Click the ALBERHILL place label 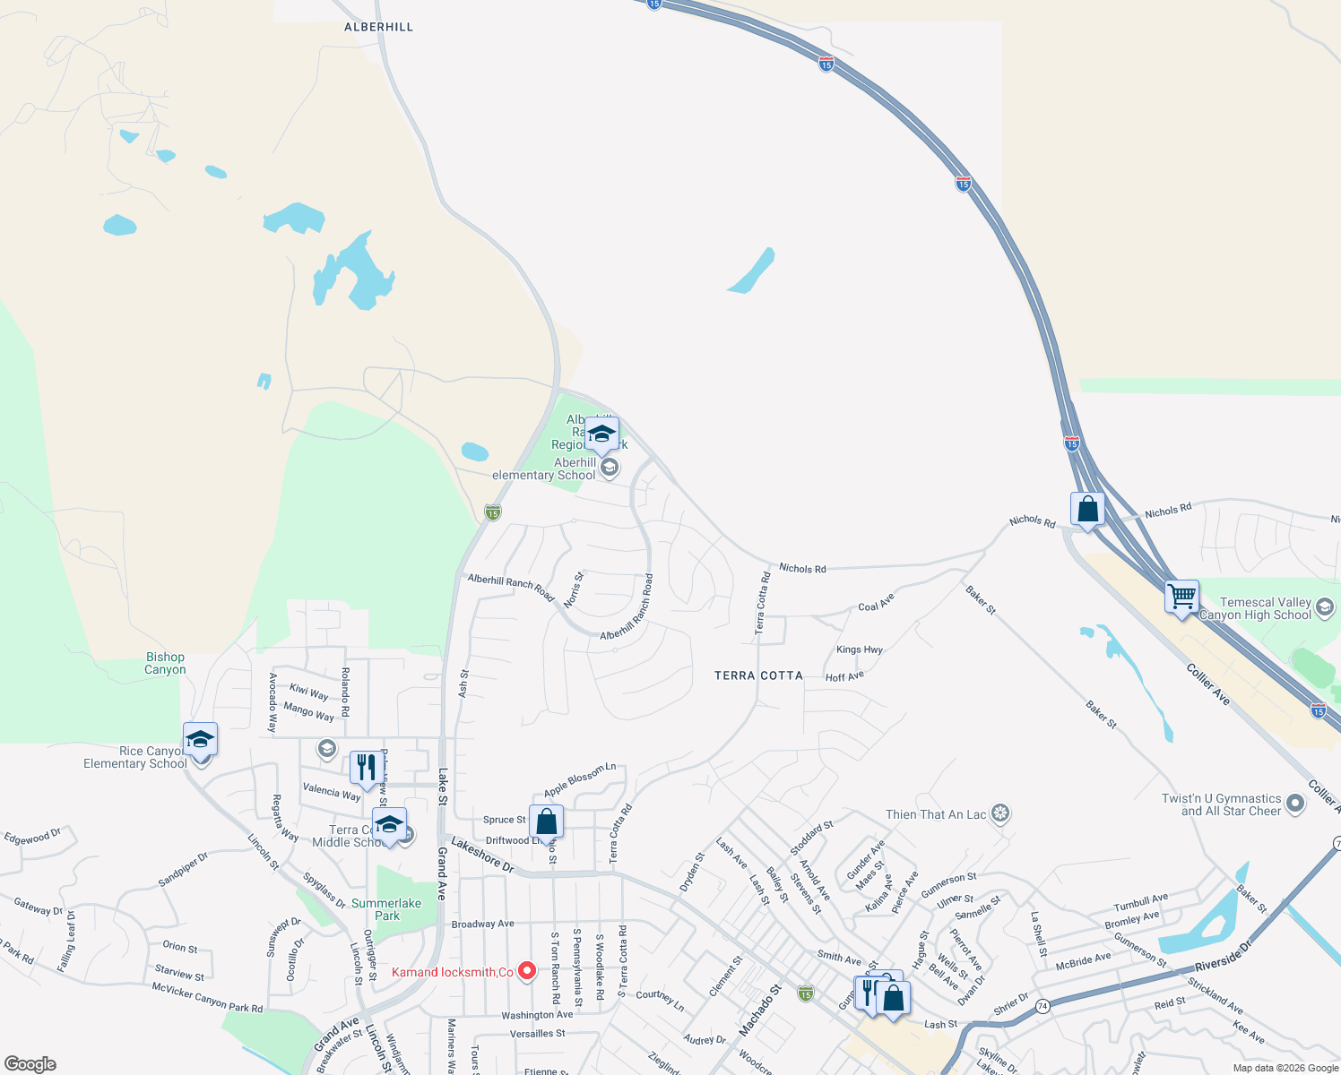point(378,27)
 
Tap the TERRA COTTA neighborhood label point(758,675)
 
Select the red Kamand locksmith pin point(528,971)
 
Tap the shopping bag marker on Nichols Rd point(1087,510)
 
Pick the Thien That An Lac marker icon point(1001,814)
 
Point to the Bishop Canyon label point(166,663)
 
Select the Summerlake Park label point(386,909)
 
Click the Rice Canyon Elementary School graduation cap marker point(200,741)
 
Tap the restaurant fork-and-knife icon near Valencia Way point(366,768)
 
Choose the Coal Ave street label point(876,603)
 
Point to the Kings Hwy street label point(859,649)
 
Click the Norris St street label point(574,589)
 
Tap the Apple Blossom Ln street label point(580,779)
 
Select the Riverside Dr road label point(1223,957)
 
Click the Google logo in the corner point(30,1063)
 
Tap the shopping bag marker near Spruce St point(546,821)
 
